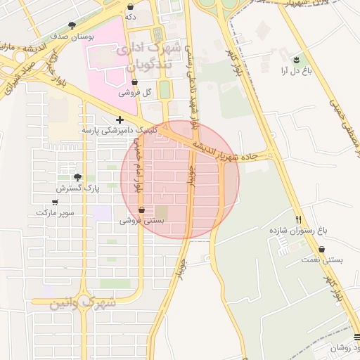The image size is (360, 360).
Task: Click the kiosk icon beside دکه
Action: coord(130,6)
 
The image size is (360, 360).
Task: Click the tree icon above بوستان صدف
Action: coord(72,25)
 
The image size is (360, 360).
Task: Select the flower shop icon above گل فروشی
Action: coord(134,82)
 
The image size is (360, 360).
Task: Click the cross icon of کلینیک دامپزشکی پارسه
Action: coord(120,120)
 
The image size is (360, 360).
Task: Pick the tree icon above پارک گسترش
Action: coord(77,178)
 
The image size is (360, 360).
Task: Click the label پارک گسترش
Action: coord(79,188)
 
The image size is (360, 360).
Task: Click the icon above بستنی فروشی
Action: coord(143,210)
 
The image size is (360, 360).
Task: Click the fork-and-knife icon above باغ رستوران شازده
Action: coord(299,219)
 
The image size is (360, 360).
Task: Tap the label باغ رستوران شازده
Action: coord(299,230)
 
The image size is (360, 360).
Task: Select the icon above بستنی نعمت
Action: coord(322,249)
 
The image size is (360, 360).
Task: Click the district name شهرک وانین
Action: coord(83,303)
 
